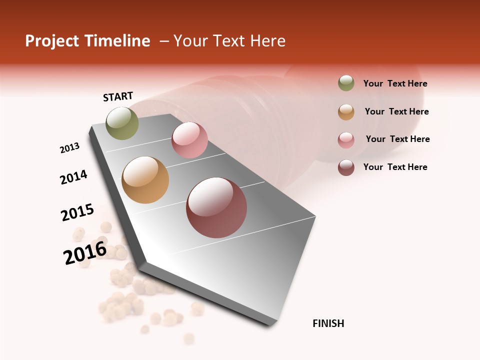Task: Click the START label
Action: click(118, 96)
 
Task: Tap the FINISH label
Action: click(328, 323)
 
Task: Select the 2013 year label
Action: click(69, 148)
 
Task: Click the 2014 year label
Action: click(73, 177)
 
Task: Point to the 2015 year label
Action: click(77, 212)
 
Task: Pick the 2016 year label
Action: click(85, 252)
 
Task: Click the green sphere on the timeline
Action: click(122, 123)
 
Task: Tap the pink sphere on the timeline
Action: click(189, 140)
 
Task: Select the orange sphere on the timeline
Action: click(145, 180)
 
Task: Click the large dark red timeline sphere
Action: click(216, 207)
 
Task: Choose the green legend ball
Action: click(346, 83)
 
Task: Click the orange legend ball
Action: click(346, 111)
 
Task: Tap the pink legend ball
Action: click(346, 139)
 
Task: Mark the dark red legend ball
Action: click(346, 167)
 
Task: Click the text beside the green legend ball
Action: click(395, 83)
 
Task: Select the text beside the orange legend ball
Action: click(396, 111)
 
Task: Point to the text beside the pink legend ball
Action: click(397, 139)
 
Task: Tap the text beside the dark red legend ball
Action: click(395, 167)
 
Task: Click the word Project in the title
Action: click(51, 41)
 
